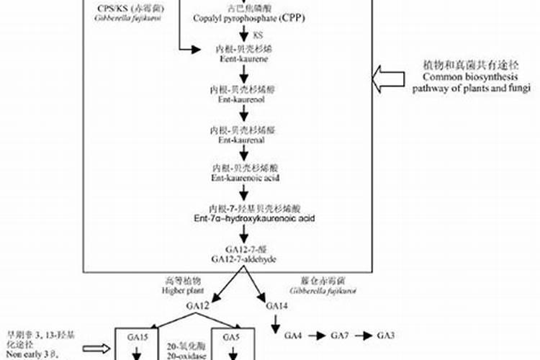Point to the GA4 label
pos(294,336)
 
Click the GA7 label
pos(340,336)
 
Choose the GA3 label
pos(387,336)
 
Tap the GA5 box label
pos(231,336)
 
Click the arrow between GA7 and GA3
pos(363,336)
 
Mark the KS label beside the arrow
pos(257,35)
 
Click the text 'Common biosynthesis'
pos(462,78)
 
